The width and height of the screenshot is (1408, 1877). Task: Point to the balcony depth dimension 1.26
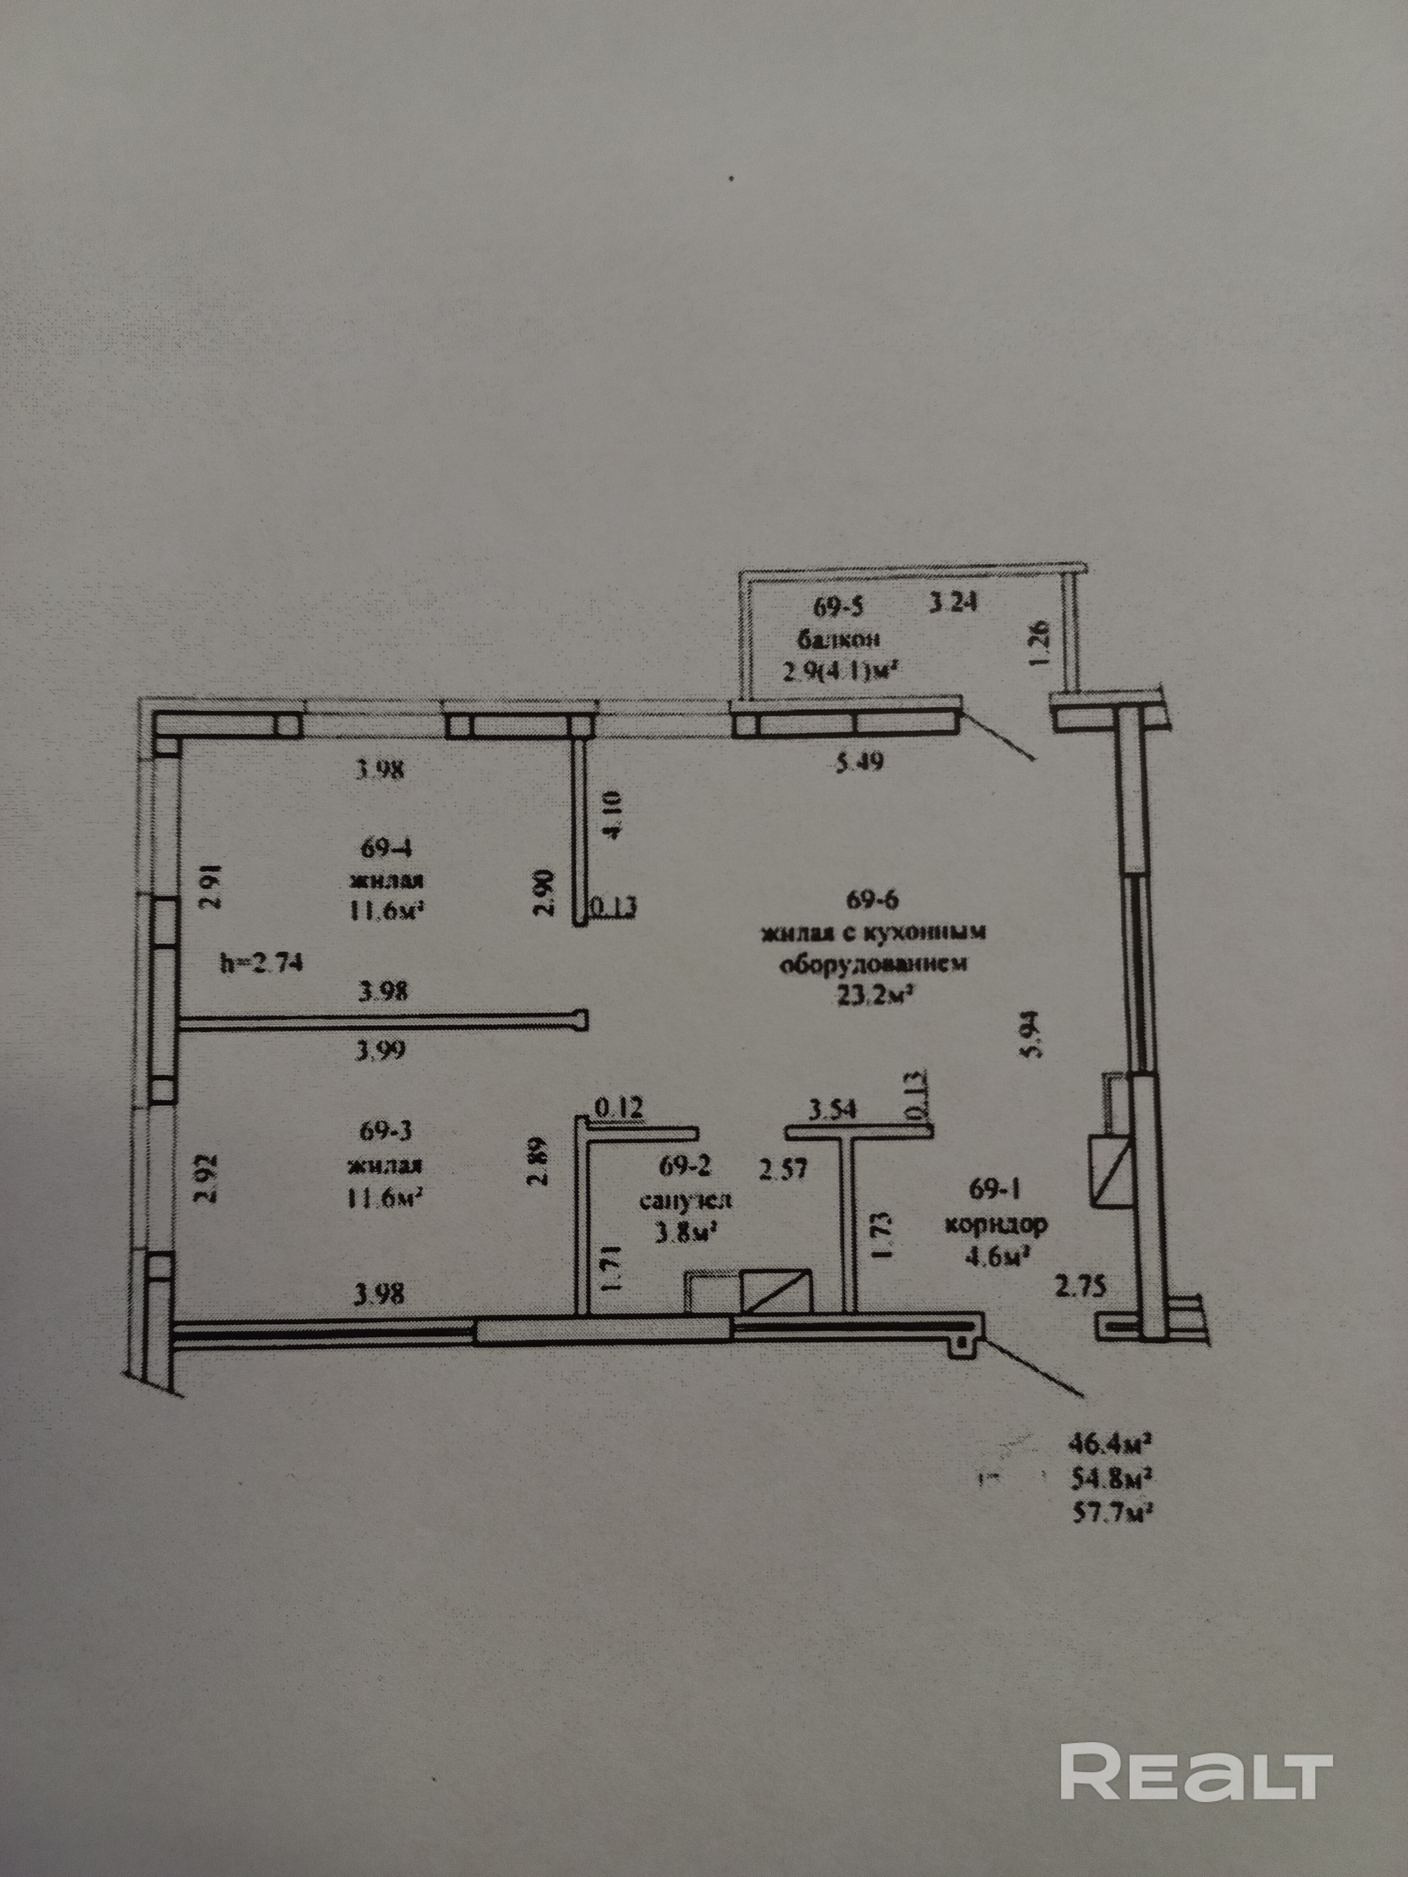[x=1043, y=643]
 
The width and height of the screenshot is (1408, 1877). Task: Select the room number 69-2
[x=685, y=1167]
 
